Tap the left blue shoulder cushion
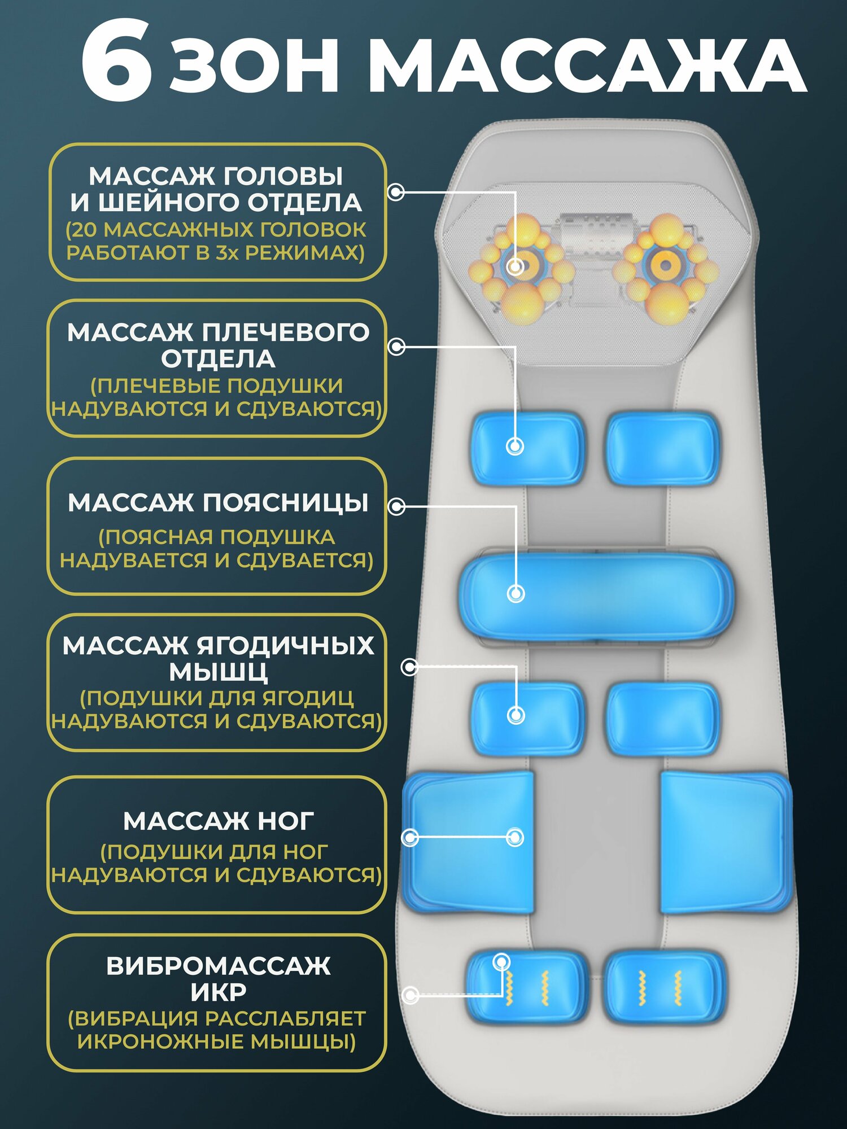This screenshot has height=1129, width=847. (x=527, y=448)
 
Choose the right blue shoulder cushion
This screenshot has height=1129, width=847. (x=662, y=448)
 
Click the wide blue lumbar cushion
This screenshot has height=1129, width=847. (x=596, y=594)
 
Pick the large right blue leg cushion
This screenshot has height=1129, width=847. (x=726, y=842)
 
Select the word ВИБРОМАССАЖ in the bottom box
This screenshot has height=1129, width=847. (x=218, y=966)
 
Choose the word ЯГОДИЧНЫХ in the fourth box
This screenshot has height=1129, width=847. (x=285, y=646)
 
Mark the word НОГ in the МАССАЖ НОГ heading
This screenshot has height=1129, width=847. (x=285, y=821)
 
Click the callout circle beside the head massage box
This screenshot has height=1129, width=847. (x=396, y=192)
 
